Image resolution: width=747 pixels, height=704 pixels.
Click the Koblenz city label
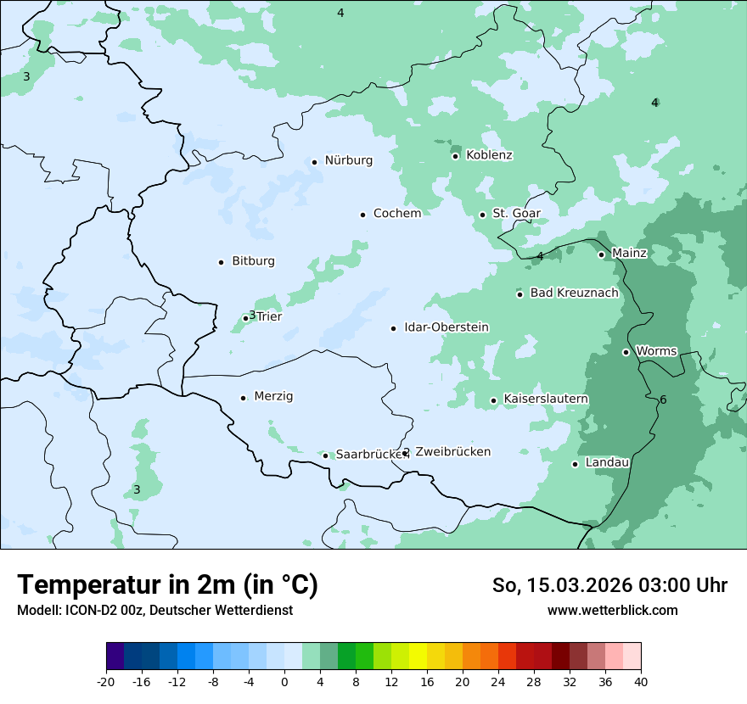click(x=489, y=155)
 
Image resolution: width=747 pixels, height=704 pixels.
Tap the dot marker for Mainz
click(x=601, y=254)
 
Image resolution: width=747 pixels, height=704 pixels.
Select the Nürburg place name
click(x=348, y=160)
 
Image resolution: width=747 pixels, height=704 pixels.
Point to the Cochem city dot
click(x=362, y=215)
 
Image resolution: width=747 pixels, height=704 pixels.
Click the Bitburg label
click(x=253, y=261)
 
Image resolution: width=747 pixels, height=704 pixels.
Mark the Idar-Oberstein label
click(x=446, y=327)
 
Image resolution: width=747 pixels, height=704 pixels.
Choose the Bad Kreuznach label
click(x=574, y=293)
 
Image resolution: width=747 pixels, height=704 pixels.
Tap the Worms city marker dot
click(x=626, y=352)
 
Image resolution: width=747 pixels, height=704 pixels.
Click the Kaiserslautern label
click(x=546, y=399)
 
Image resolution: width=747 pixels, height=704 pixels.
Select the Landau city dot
click(x=575, y=464)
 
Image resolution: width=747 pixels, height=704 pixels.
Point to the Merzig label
click(x=273, y=396)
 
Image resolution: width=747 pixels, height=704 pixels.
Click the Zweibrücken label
click(x=452, y=452)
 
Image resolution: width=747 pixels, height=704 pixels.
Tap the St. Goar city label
click(x=516, y=214)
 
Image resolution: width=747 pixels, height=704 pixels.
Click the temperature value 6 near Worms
click(x=663, y=400)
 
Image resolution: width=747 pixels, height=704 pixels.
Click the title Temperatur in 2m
click(x=167, y=585)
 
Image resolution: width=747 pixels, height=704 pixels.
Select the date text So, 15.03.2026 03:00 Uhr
click(x=609, y=585)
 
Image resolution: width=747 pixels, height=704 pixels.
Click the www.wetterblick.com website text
click(x=612, y=611)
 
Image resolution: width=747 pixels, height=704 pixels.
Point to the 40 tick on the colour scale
click(x=641, y=682)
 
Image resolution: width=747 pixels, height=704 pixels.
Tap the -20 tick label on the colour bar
click(x=106, y=682)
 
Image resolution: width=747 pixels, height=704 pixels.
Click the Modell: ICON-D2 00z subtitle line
click(x=154, y=611)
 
